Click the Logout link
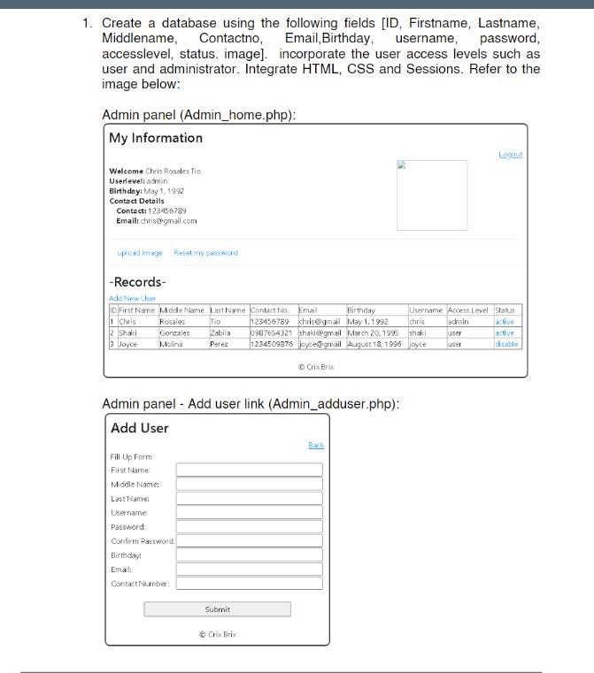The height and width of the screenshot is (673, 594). (x=510, y=155)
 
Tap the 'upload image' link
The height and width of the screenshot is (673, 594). (x=140, y=253)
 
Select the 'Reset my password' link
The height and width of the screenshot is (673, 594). (x=205, y=253)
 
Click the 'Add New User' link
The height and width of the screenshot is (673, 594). (x=132, y=299)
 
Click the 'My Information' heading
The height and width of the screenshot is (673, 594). (x=156, y=138)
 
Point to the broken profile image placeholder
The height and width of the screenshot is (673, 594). (x=431, y=195)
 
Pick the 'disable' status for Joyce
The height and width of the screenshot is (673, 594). (x=506, y=344)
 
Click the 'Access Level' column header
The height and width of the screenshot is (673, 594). (x=468, y=310)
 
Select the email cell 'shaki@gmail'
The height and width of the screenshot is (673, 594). (x=320, y=333)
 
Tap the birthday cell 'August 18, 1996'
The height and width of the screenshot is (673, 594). (x=374, y=344)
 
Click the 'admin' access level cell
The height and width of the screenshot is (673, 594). (x=458, y=322)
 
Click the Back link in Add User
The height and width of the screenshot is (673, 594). (x=316, y=446)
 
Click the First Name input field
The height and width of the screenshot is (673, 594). (x=249, y=470)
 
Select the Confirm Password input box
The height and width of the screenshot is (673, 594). (x=249, y=541)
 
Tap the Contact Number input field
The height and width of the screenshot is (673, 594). (x=249, y=584)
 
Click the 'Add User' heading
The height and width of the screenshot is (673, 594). (x=140, y=428)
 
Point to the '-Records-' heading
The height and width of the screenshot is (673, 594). (x=137, y=282)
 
